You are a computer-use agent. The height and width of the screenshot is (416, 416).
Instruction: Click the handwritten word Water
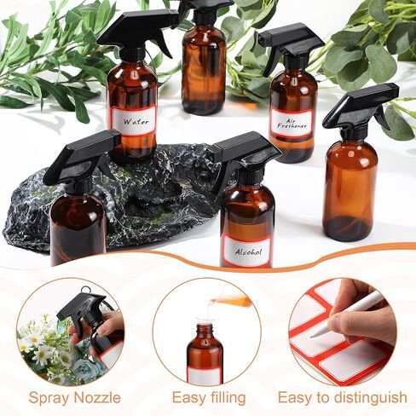click(x=136, y=122)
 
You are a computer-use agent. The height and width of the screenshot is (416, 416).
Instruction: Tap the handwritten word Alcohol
click(x=248, y=251)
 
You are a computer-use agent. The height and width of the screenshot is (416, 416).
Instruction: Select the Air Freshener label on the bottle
click(x=291, y=124)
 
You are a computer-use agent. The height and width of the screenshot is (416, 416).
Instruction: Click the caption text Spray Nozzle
click(x=74, y=397)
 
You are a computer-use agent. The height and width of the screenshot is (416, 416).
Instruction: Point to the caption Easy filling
click(x=209, y=397)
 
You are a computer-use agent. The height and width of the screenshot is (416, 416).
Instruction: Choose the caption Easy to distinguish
click(x=343, y=397)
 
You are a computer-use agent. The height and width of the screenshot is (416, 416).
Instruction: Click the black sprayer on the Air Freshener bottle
click(x=292, y=45)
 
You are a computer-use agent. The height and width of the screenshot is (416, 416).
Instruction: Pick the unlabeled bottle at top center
click(x=204, y=62)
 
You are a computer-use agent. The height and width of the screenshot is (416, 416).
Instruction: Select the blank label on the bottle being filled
click(x=205, y=376)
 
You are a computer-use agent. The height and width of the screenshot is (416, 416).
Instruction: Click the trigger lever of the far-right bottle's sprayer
click(x=381, y=118)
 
